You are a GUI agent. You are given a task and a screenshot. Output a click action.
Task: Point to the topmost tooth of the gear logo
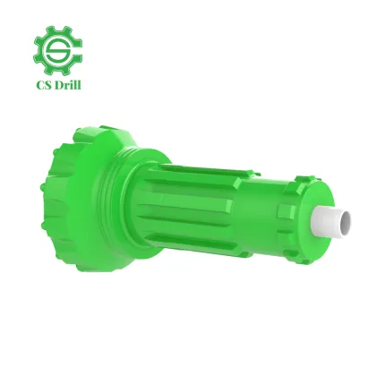point(57,27)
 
